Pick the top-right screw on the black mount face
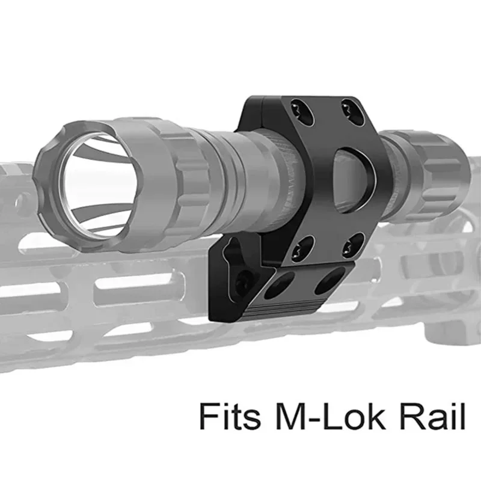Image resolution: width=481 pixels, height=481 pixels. tap(348, 109)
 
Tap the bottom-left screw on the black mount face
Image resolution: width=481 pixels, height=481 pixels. tap(302, 244)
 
